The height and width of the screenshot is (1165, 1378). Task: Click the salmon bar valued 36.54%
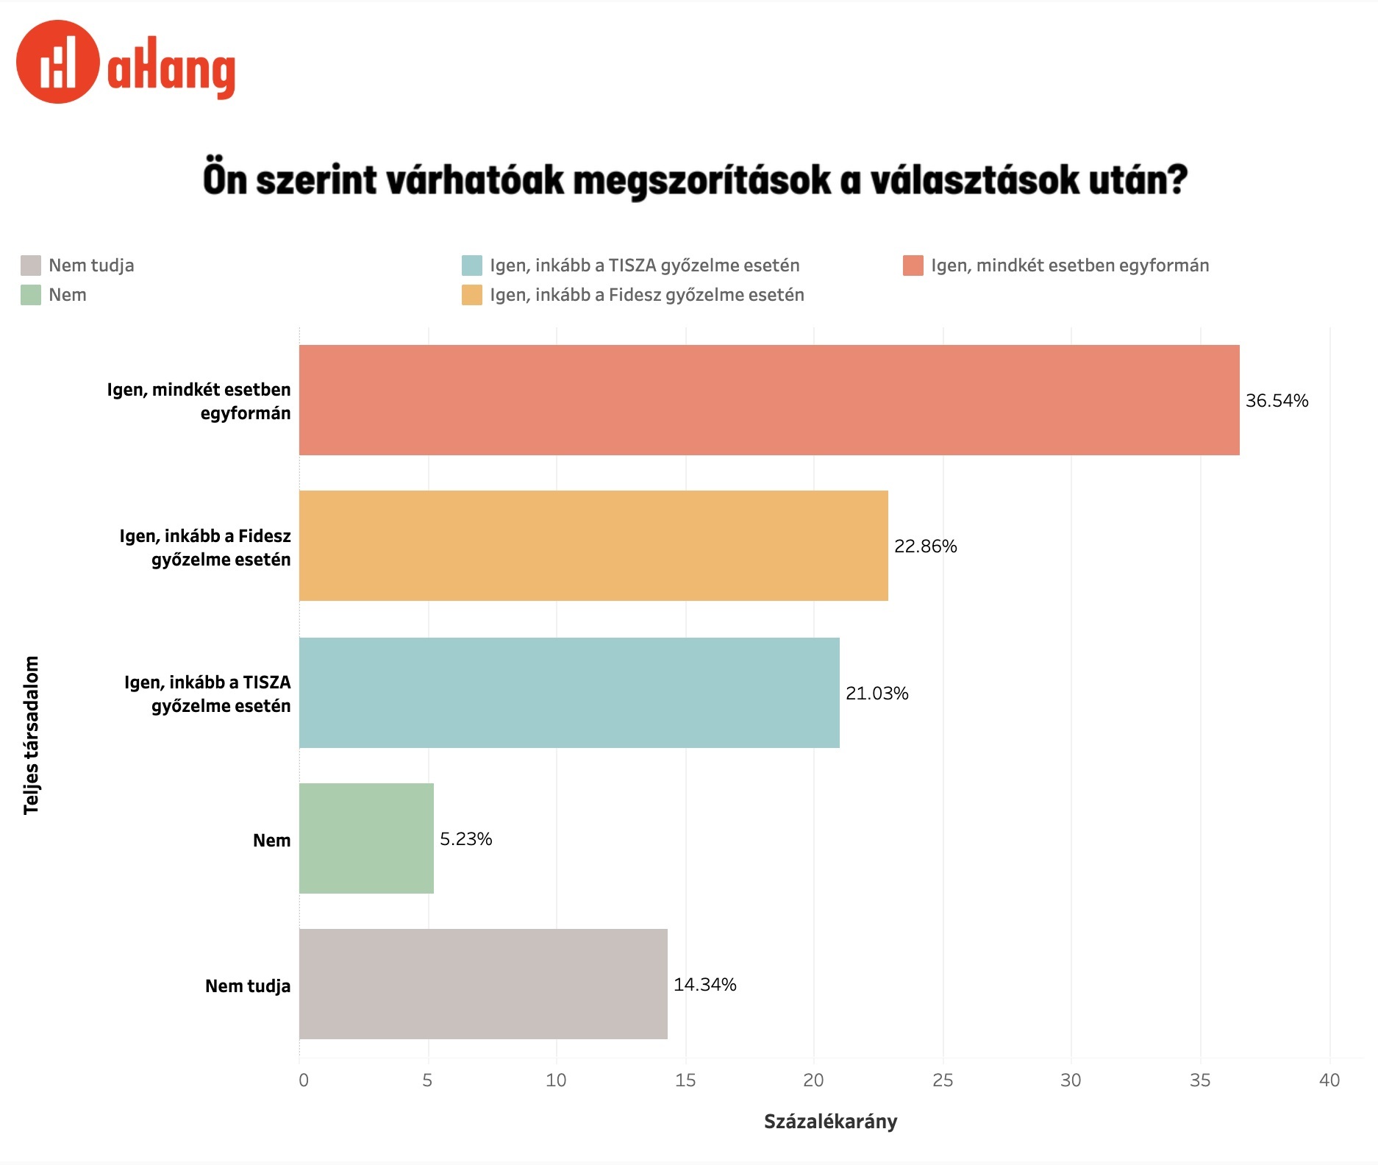point(768,400)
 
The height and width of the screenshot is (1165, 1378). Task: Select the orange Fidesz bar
point(593,546)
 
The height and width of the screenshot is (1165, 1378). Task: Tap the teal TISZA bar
point(569,693)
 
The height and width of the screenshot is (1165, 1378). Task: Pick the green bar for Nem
point(366,838)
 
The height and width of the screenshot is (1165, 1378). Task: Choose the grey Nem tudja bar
point(483,984)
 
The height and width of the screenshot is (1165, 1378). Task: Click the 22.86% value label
point(925,546)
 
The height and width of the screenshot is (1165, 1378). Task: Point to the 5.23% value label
point(465,839)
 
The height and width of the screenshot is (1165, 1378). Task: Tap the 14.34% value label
point(704,985)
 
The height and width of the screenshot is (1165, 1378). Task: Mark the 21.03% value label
point(877,694)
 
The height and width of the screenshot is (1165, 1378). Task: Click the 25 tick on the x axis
point(942,1080)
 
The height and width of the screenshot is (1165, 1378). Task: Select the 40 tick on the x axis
point(1329,1080)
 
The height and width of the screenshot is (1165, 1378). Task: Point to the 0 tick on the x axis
point(303,1080)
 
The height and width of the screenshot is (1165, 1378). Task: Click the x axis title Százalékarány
point(830,1122)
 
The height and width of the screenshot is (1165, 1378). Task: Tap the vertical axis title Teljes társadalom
point(31,735)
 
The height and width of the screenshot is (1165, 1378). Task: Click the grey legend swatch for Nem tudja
point(31,266)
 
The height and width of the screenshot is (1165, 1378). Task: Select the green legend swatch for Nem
point(31,295)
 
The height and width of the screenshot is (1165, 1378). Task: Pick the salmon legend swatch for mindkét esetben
point(913,266)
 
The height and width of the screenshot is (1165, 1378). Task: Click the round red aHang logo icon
point(57,62)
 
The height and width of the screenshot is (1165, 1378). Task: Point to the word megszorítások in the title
point(702,180)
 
